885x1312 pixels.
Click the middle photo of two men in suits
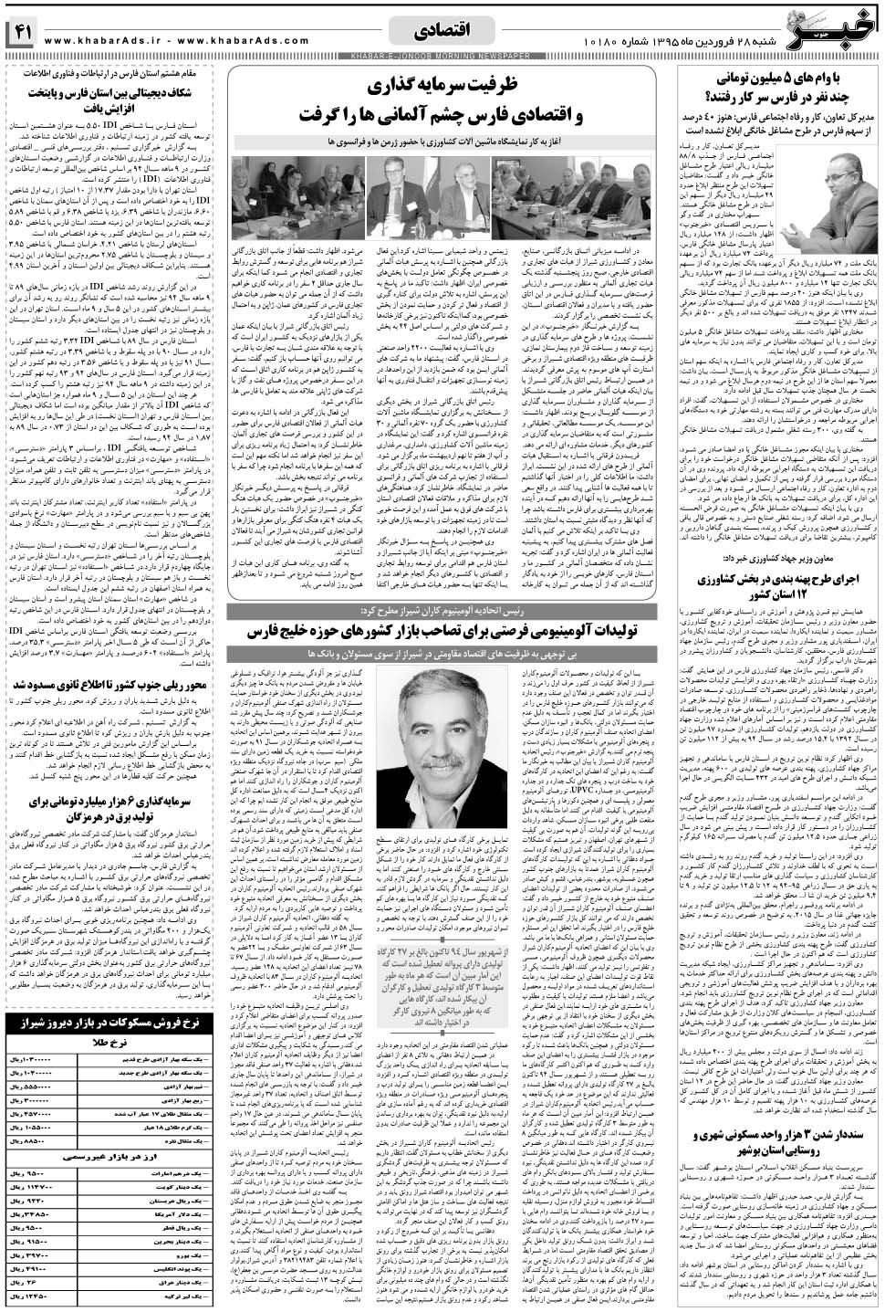click(x=449, y=194)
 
